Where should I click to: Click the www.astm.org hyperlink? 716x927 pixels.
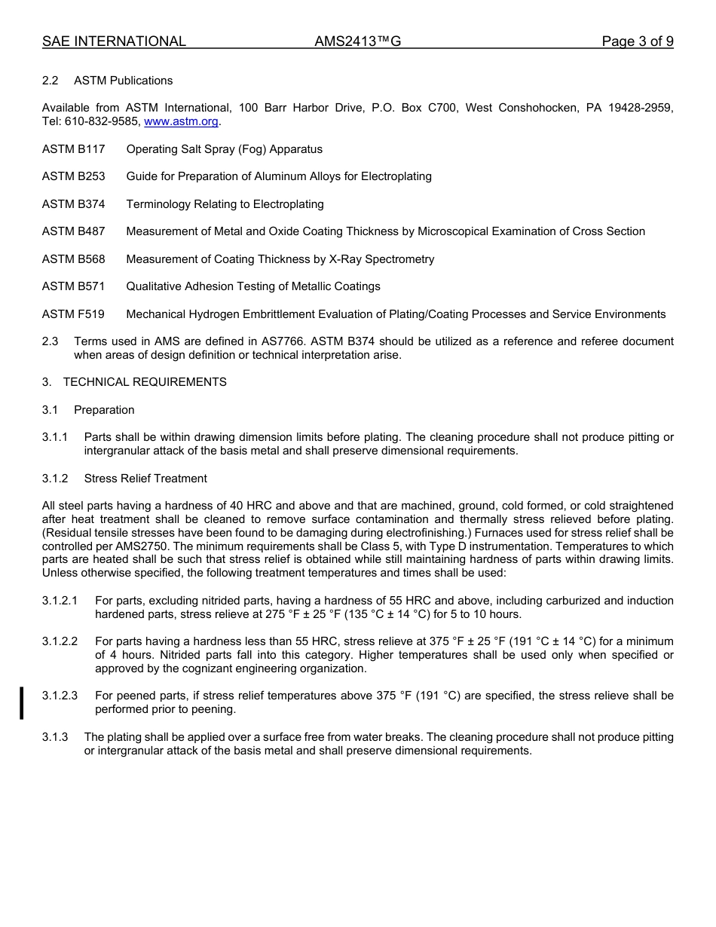181,121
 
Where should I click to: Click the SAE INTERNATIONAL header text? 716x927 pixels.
114,41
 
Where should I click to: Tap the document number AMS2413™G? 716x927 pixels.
357,41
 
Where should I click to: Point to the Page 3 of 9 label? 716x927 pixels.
637,41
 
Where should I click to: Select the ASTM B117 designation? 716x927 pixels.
73,149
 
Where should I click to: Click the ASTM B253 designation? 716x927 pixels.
73,176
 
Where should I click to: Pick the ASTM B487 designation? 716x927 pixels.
73,231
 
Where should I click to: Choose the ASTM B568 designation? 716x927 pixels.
73,259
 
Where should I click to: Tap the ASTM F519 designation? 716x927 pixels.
73,314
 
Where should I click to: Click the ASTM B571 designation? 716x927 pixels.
73,286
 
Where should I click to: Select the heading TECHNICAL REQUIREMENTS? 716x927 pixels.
145,382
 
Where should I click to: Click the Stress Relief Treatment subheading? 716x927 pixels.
145,479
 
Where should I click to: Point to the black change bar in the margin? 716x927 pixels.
22,702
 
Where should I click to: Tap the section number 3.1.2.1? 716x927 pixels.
60,601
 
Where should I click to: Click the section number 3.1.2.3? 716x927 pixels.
60,696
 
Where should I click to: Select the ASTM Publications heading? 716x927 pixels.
123,81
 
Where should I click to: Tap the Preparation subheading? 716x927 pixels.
104,410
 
